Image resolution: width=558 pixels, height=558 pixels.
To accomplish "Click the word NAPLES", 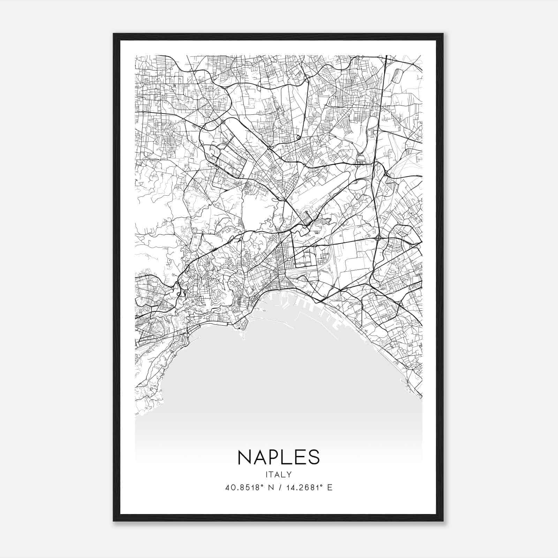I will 279,457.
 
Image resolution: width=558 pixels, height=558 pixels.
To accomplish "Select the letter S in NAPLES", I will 314,457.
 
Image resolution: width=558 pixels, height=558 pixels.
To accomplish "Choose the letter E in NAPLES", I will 301,457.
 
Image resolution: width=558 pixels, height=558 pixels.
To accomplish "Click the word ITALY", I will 279,474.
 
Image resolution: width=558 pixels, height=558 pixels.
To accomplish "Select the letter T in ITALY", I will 273,474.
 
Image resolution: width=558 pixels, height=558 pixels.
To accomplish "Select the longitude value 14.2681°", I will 303,488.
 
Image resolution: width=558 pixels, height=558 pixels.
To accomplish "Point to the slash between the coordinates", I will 278,488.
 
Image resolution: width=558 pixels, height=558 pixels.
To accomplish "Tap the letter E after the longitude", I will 330,488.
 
